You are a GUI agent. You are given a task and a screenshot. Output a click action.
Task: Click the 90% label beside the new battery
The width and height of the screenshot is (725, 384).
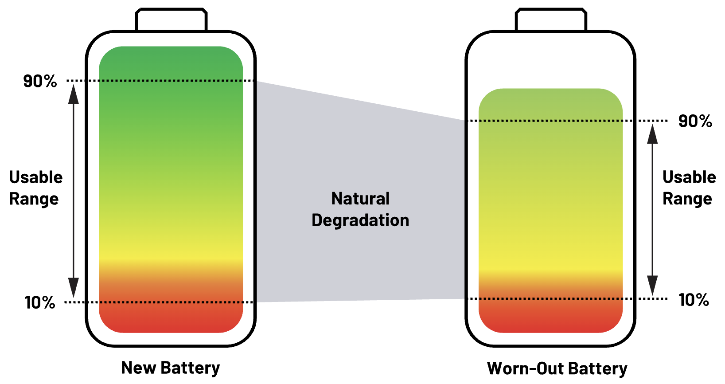click(x=40, y=81)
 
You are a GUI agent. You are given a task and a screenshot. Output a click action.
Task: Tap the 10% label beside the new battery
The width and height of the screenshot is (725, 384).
click(x=40, y=303)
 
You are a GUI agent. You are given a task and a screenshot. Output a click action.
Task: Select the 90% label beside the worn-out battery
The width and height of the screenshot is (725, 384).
click(x=695, y=121)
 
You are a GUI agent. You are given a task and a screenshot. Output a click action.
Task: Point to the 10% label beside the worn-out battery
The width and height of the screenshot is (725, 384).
click(x=694, y=300)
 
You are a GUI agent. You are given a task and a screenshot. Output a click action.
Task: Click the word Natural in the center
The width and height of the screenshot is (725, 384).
click(x=360, y=199)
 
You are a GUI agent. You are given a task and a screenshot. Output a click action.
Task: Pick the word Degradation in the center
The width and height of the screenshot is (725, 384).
click(x=360, y=220)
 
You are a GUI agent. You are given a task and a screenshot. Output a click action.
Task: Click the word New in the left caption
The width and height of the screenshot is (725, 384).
click(x=138, y=368)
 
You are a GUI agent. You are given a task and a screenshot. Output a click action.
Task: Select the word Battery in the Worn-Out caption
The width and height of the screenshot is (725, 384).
click(x=598, y=369)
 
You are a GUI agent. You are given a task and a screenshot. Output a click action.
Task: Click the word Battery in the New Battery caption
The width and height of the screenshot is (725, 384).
click(x=190, y=368)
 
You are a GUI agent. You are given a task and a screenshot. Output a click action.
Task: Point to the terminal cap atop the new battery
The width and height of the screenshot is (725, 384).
click(x=171, y=20)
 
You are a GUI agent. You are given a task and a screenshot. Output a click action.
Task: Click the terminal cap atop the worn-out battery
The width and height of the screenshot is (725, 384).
click(x=551, y=20)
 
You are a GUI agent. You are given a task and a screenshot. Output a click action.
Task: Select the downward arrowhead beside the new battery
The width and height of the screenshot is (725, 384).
click(x=74, y=288)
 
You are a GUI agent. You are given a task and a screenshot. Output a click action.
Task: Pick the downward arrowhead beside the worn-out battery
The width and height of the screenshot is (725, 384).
click(x=652, y=285)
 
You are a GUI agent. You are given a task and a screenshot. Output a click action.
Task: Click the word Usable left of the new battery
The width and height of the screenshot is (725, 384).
click(x=36, y=177)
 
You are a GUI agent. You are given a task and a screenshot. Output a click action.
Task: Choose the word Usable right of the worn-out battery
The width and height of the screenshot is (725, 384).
click(x=689, y=177)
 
